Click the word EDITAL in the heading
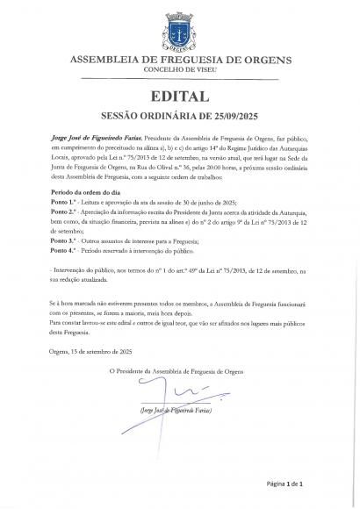(179, 96)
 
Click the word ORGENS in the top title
(269, 59)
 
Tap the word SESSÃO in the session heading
(125, 115)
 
